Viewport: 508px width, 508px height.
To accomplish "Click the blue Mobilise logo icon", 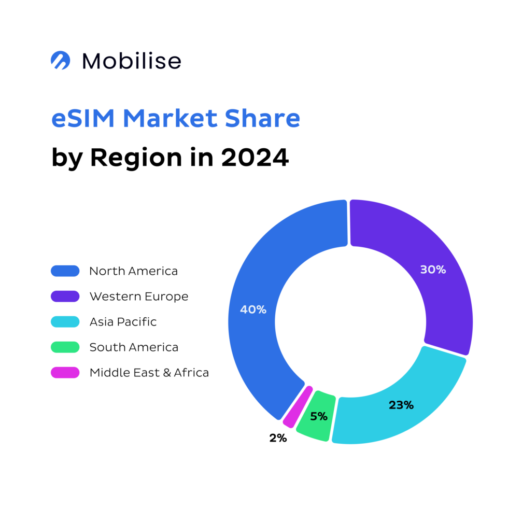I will click(x=60, y=60).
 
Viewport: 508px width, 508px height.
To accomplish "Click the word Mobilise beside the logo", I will click(x=132, y=61).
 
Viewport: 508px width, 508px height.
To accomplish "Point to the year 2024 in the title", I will click(x=255, y=157).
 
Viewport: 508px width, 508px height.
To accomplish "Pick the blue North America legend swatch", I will click(x=65, y=271).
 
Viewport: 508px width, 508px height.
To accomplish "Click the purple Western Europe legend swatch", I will click(x=65, y=296).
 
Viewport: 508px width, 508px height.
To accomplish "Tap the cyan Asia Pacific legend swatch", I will click(x=65, y=321).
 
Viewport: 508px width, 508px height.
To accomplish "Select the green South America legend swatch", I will click(x=65, y=347).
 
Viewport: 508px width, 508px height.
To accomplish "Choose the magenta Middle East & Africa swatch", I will click(x=65, y=372).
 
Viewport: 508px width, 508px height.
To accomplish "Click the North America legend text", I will click(x=133, y=271).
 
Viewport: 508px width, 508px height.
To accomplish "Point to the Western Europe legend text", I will click(x=138, y=296).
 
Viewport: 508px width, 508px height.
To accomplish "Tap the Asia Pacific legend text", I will click(x=123, y=321).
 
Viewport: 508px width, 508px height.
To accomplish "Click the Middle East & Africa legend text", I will click(x=149, y=372).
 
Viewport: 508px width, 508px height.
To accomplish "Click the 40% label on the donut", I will click(x=253, y=309).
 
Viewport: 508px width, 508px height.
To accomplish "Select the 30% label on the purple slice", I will click(x=433, y=270).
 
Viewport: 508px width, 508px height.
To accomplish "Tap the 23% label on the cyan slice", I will click(x=401, y=405).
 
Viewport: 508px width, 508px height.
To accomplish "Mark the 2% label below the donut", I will click(x=278, y=438).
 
